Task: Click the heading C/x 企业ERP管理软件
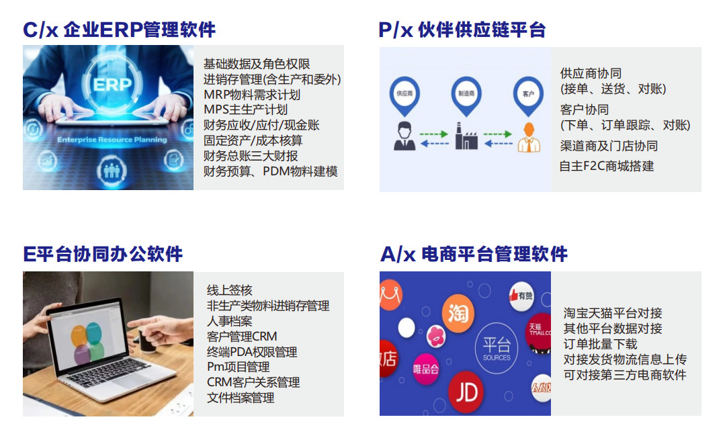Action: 119,30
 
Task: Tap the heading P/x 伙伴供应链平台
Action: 462,30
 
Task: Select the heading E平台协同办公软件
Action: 103,254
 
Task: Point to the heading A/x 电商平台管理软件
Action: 474,254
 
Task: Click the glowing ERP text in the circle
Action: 112,85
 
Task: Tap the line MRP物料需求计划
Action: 252,95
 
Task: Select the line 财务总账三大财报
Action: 251,156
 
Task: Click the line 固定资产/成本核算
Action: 253,140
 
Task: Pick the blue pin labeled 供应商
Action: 404,95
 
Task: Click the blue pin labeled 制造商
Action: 466,95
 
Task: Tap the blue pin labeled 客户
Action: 528,95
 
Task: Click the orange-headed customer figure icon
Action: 529,137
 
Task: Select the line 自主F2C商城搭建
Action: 607,166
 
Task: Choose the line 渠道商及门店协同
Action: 609,146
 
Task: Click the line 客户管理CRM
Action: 242,336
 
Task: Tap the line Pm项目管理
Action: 238,367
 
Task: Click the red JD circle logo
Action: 466,392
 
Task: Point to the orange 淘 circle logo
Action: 458,314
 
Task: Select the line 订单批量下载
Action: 601,344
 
